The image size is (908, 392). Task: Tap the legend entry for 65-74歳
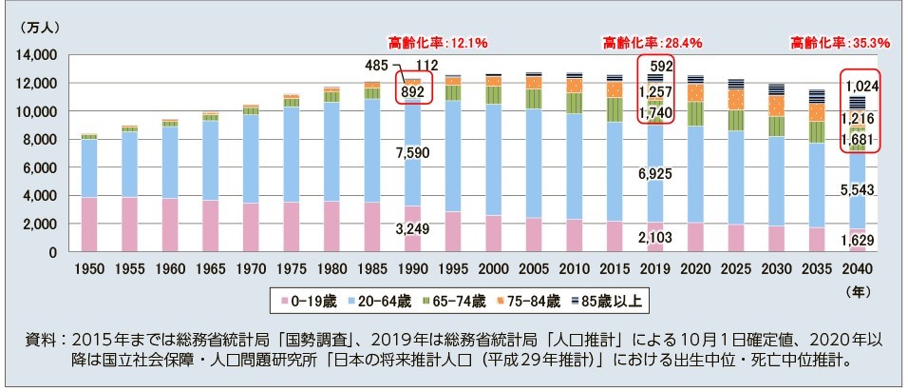464,300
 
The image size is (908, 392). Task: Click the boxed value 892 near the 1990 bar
412,91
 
